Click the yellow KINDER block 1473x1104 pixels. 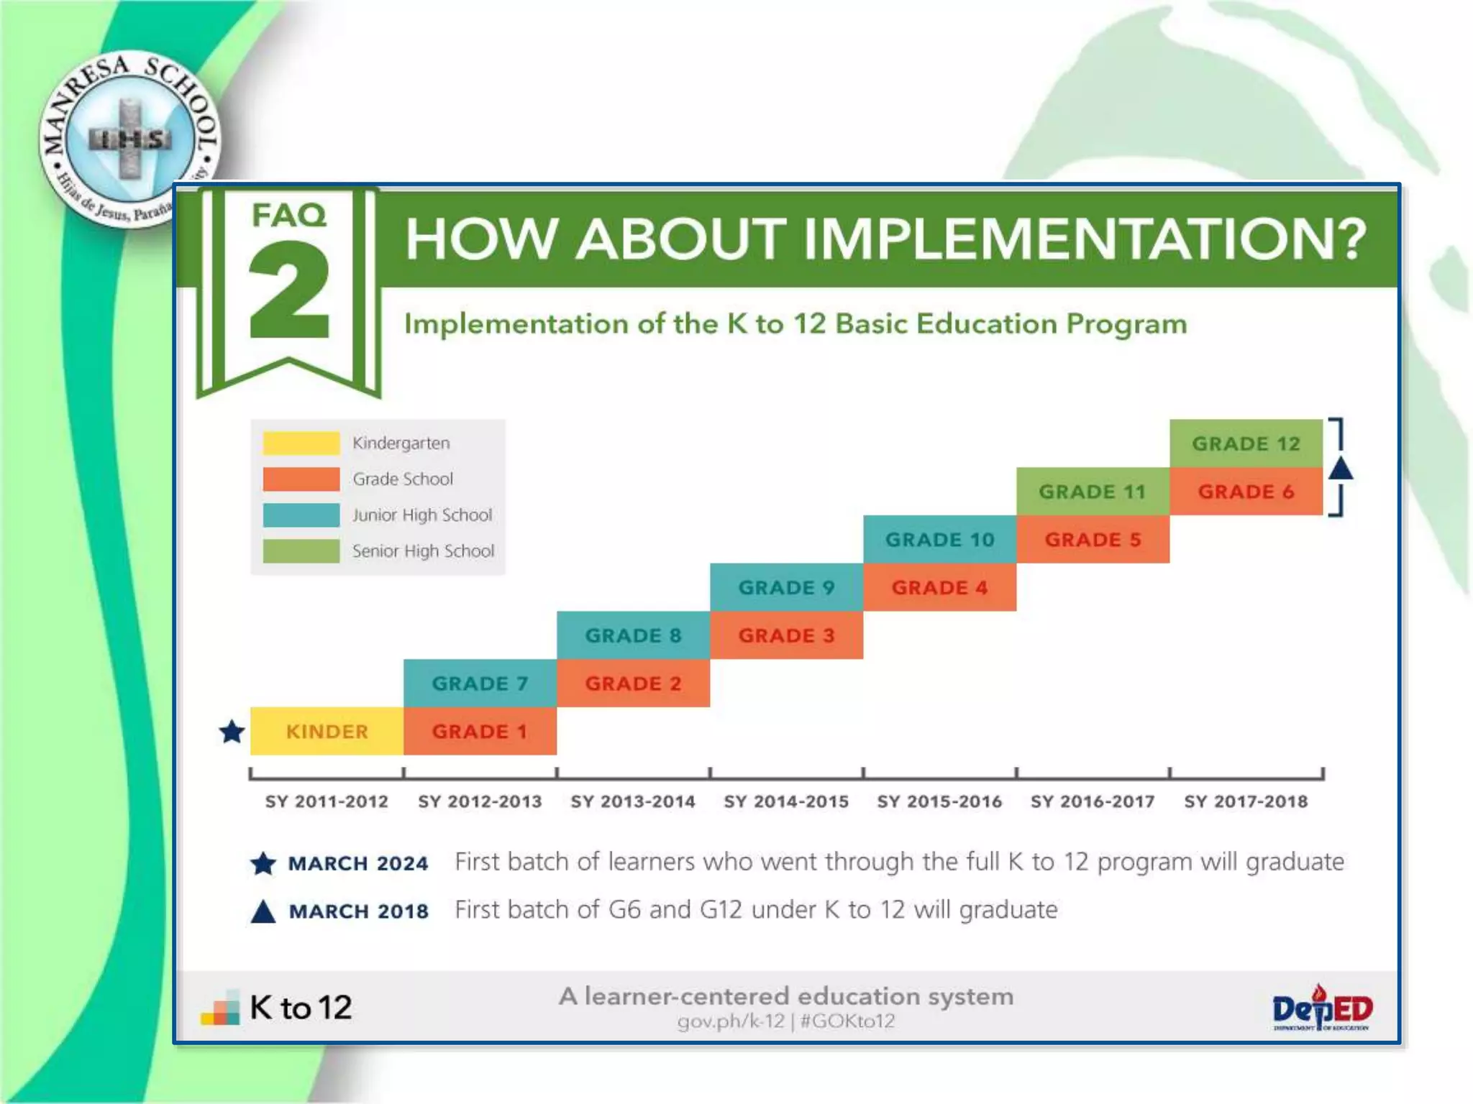click(x=327, y=731)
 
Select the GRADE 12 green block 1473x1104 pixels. click(x=1246, y=443)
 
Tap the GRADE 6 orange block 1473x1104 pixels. click(x=1246, y=492)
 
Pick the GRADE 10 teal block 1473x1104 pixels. click(x=939, y=539)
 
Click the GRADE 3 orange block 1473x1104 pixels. click(x=786, y=635)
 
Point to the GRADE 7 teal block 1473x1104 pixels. click(x=480, y=683)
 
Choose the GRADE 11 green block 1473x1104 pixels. click(x=1092, y=492)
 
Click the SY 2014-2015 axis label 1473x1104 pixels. click(x=786, y=801)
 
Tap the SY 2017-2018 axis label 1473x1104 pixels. click(x=1246, y=801)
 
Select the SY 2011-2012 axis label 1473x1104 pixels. click(x=327, y=801)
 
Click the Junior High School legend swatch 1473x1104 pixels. click(x=301, y=515)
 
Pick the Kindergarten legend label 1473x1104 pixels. click(x=401, y=443)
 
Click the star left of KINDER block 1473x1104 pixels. click(x=232, y=732)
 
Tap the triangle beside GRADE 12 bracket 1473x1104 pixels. click(x=1340, y=469)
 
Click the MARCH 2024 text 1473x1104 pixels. click(x=357, y=863)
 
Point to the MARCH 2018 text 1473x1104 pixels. click(x=358, y=911)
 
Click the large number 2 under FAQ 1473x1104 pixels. click(x=289, y=291)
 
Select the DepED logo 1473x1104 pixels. click(x=1322, y=1008)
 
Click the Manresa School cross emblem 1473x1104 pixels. click(x=129, y=138)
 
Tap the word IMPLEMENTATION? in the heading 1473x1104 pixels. click(x=1084, y=239)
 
